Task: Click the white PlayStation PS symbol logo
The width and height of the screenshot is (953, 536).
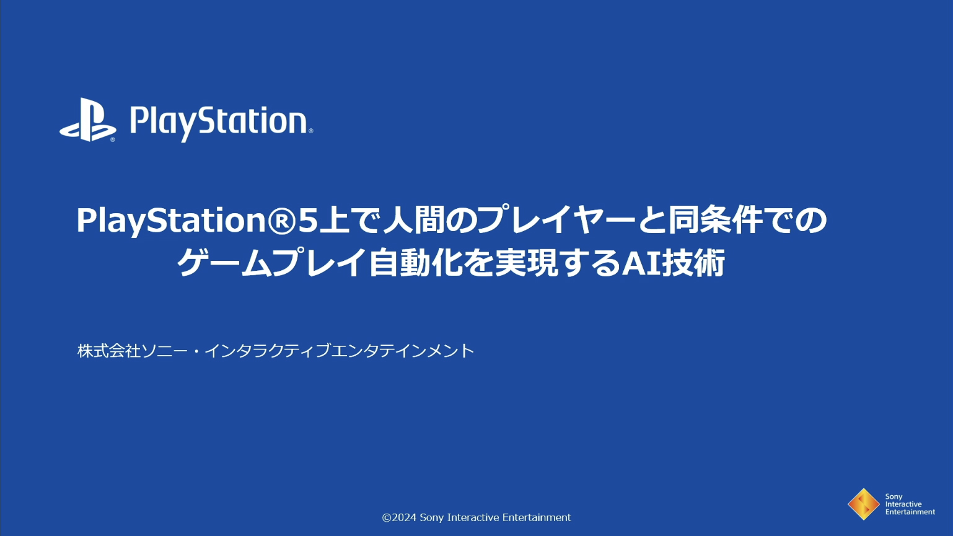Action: pos(87,120)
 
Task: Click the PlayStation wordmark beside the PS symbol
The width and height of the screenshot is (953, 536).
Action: pos(221,123)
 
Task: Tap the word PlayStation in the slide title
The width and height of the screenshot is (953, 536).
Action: pos(171,221)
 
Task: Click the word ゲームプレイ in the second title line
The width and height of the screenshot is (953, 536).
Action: pos(272,263)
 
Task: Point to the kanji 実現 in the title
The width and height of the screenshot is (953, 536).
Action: pos(526,263)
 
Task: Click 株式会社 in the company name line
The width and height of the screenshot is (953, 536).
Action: pos(109,351)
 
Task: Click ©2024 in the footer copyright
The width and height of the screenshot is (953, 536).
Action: pos(399,517)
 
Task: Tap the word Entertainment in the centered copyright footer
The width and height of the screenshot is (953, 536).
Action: pos(537,517)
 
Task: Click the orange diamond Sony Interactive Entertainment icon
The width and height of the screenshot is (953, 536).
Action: pos(864,504)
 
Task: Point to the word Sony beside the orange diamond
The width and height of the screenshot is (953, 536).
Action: pos(894,497)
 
